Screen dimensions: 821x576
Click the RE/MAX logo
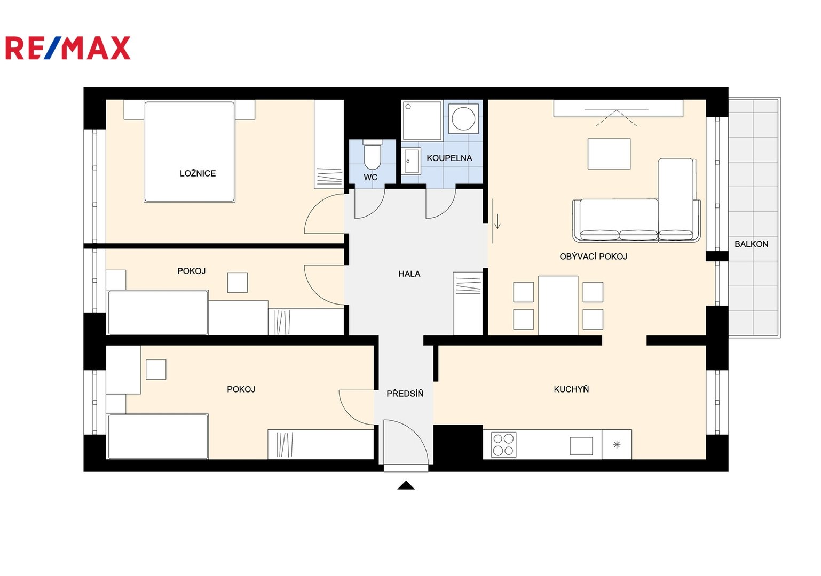(68, 47)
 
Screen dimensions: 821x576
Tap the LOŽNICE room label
(198, 173)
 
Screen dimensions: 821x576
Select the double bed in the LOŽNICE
(189, 151)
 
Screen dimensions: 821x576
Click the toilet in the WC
(373, 155)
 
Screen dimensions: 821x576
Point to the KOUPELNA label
(449, 158)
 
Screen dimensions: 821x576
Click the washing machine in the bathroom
(463, 118)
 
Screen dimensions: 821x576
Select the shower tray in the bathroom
(422, 121)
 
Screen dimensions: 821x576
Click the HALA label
(409, 274)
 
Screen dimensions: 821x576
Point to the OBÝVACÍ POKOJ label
(593, 257)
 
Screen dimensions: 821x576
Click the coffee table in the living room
(609, 154)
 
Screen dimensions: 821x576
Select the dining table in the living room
(558, 306)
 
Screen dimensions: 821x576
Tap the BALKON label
(752, 244)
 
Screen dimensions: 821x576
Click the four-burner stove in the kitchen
(503, 445)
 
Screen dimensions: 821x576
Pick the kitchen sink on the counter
(581, 446)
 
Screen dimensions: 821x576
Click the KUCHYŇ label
(571, 389)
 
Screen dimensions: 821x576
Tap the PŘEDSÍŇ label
(405, 394)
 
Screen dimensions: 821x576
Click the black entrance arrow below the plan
(406, 485)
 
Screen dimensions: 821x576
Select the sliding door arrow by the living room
(498, 221)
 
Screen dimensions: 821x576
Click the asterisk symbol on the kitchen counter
(617, 445)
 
